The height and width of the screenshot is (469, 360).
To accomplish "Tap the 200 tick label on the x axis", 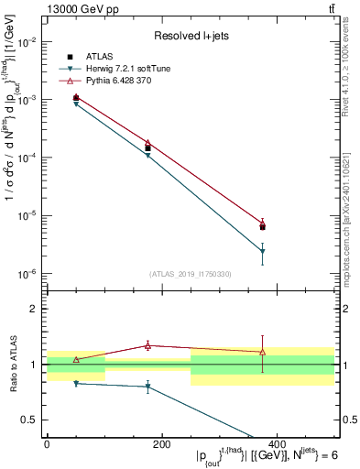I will pyautogui.click(x=162, y=444).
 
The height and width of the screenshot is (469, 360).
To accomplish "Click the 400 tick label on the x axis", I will pyautogui.click(x=277, y=444).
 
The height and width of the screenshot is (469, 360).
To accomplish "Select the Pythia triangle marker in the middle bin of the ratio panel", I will pyautogui.click(x=148, y=345).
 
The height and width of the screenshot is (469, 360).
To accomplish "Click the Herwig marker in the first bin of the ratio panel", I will pyautogui.click(x=76, y=383).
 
